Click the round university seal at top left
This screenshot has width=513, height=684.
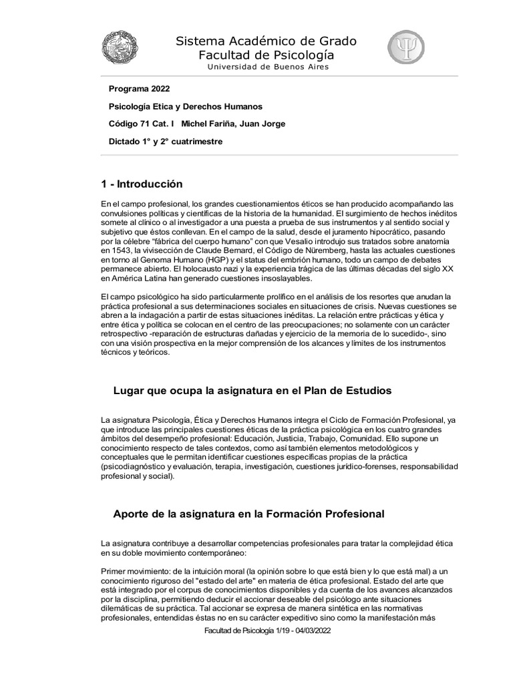(120, 48)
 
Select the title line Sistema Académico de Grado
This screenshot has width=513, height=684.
(266, 41)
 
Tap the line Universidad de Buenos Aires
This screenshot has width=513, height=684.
(267, 67)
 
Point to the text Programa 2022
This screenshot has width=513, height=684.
(139, 89)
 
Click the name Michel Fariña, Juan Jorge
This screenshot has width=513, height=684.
(224, 124)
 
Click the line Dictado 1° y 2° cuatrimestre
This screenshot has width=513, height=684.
(165, 141)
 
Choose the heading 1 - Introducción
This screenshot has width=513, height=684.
(142, 184)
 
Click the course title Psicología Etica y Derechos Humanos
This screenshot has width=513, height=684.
(185, 106)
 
